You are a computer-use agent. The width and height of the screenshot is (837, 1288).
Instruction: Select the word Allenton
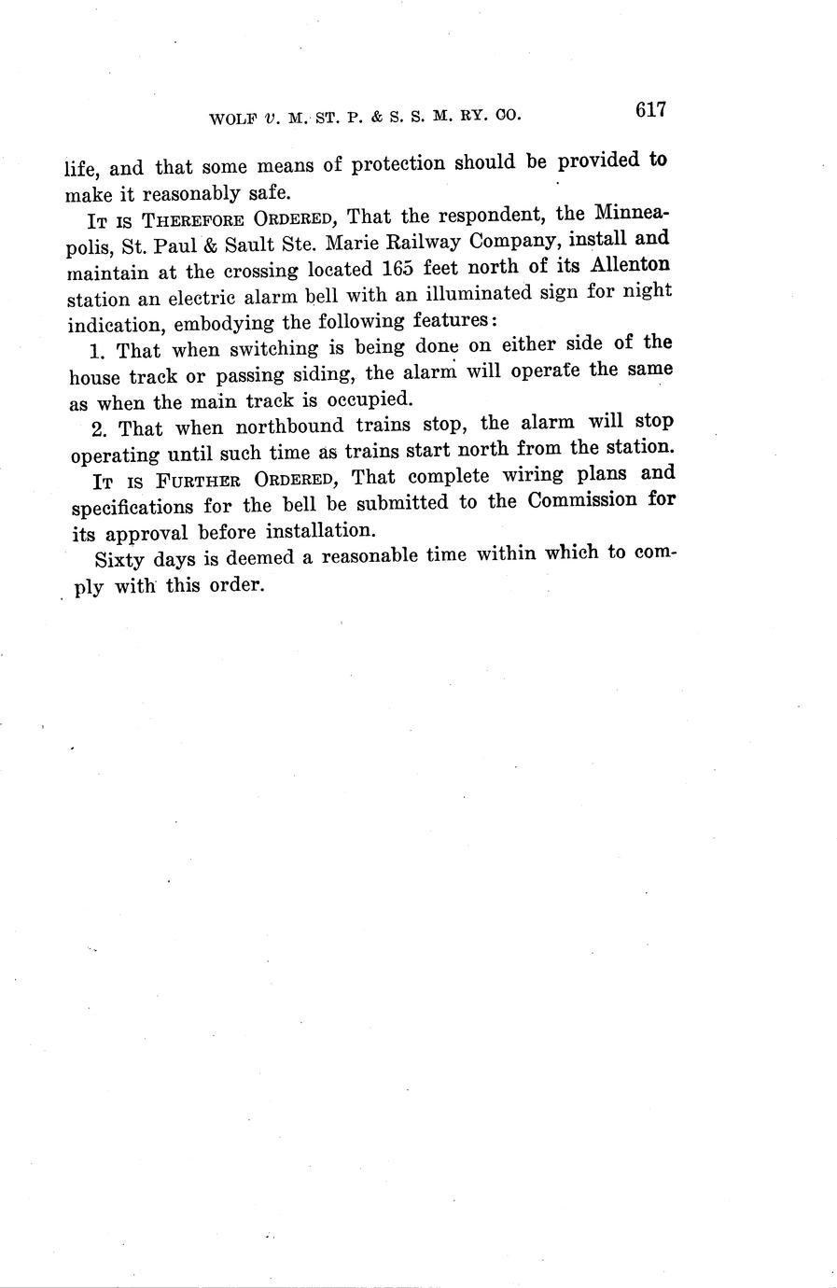coord(631,265)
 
